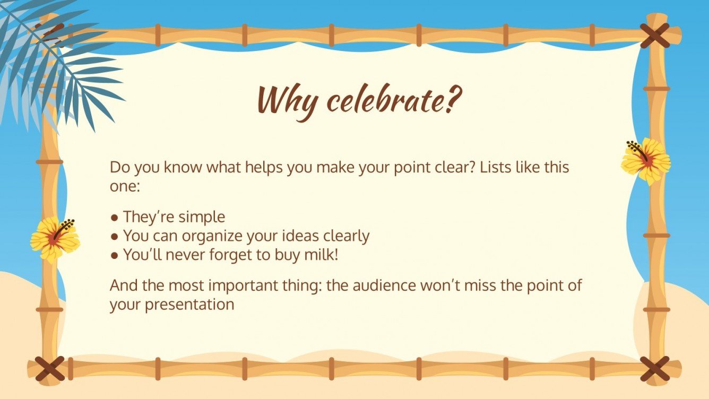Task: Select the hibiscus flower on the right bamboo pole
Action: [x=646, y=160]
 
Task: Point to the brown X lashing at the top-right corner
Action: [x=654, y=36]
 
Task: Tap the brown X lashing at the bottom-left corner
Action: [x=49, y=368]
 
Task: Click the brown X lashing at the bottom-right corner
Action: [x=654, y=369]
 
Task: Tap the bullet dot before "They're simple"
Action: [x=115, y=218]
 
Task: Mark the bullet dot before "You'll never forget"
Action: [x=115, y=255]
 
